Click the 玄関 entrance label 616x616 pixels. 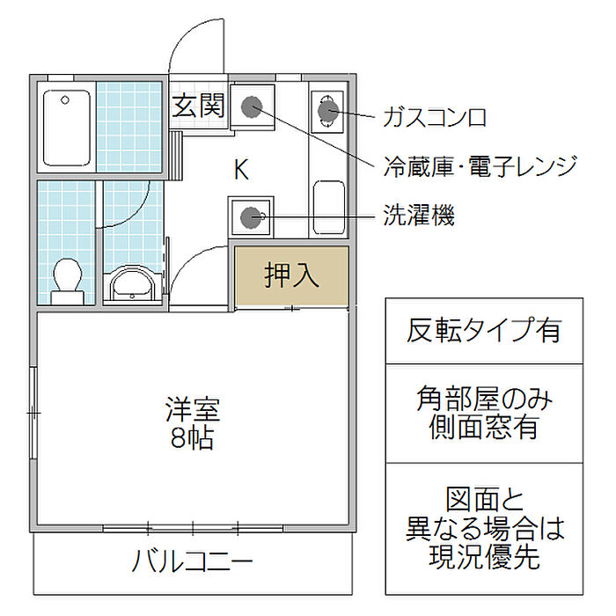click(x=199, y=106)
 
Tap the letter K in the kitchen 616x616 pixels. click(x=241, y=169)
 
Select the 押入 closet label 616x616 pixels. click(x=291, y=275)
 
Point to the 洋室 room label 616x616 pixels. click(x=193, y=409)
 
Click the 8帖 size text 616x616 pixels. click(x=193, y=437)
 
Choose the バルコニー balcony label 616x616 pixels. click(x=193, y=561)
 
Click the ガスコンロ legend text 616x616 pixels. click(x=435, y=117)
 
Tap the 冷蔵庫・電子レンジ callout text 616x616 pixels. click(x=480, y=166)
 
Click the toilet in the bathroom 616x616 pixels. click(x=67, y=281)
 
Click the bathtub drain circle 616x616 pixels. click(x=65, y=100)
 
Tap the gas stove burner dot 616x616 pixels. click(x=328, y=111)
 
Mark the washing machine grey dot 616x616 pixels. click(x=250, y=216)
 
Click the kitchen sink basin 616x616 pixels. click(x=329, y=207)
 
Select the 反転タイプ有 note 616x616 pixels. click(x=484, y=330)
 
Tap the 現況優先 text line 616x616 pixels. click(x=484, y=557)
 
